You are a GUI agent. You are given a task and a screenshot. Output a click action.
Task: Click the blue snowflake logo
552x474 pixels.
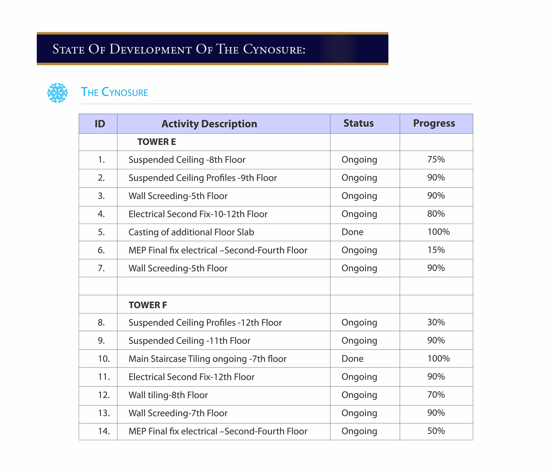click(x=57, y=93)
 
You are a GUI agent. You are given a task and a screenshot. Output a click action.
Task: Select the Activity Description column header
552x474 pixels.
click(x=209, y=124)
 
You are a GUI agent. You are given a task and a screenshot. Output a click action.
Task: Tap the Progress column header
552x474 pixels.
click(x=434, y=123)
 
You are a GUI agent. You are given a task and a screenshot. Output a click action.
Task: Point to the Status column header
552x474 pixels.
click(x=358, y=123)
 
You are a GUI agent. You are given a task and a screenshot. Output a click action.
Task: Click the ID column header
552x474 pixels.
click(x=100, y=124)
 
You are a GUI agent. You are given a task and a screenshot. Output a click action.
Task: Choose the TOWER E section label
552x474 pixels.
click(x=156, y=142)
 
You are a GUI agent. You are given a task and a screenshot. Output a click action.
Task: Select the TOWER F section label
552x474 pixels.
click(x=148, y=305)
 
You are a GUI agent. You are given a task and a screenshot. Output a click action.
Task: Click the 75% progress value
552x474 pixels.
click(x=436, y=160)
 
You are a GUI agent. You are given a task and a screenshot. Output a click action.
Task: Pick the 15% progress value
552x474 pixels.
click(x=436, y=250)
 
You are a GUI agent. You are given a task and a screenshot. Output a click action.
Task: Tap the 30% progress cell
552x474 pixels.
click(x=436, y=322)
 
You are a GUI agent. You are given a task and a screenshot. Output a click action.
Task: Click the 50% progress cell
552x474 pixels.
click(x=436, y=431)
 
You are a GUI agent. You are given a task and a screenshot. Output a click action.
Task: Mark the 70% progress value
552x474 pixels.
click(x=436, y=395)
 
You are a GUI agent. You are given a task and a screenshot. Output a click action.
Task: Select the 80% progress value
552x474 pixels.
click(x=436, y=214)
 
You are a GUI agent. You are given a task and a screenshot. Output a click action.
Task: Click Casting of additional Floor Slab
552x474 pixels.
click(x=191, y=232)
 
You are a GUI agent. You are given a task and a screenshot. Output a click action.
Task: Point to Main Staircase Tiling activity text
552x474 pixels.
click(x=207, y=359)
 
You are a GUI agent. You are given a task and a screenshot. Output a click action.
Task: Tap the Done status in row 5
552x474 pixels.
click(x=352, y=232)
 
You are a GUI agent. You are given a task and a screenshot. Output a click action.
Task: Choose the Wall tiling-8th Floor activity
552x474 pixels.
click(x=168, y=395)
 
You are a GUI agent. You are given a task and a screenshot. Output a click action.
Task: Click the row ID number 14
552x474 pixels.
click(x=104, y=431)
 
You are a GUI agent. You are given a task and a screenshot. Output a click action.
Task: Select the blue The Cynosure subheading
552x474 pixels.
click(x=114, y=92)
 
